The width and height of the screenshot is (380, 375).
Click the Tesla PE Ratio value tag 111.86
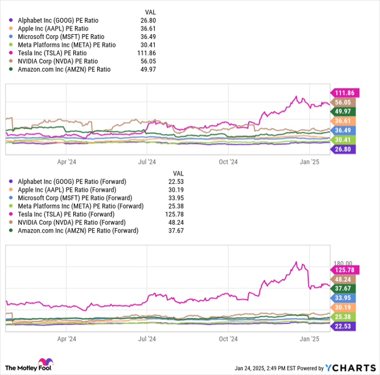344,93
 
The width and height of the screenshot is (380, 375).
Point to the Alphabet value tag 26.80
344,149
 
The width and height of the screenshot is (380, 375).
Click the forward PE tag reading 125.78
344,269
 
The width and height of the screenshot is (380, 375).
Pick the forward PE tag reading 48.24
344,279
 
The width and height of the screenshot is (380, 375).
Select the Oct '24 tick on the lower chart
228,338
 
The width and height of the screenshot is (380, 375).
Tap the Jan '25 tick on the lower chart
309,338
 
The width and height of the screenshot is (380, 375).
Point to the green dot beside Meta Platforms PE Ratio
10,45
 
